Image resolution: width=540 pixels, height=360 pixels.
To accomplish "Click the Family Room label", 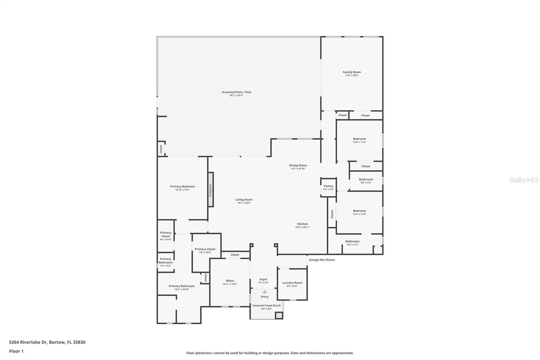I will (x=352, y=72).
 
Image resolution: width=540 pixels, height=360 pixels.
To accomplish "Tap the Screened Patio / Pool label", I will (x=236, y=92).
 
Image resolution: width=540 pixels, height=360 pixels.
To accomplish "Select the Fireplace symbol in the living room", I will (x=211, y=189).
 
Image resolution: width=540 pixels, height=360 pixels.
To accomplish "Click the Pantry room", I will (x=328, y=187).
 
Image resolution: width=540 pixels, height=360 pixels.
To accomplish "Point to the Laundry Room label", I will (x=292, y=283).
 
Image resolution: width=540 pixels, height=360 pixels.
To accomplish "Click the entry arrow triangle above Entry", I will (x=265, y=292).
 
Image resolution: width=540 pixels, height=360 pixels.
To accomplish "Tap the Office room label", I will (x=230, y=281).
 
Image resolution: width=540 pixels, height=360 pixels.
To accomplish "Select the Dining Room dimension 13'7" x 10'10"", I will (x=298, y=169).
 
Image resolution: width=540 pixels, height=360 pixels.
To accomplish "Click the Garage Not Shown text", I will (x=322, y=260).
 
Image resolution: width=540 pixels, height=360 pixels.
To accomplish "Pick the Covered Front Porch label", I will (x=266, y=306).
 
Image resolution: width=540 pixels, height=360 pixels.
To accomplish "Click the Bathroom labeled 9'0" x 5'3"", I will (x=366, y=181).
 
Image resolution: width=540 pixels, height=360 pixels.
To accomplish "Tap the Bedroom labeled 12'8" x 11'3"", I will (x=359, y=140).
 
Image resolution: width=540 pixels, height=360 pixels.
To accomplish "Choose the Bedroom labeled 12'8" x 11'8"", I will (x=359, y=212).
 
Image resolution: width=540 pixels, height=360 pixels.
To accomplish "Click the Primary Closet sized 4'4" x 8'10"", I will (x=166, y=236).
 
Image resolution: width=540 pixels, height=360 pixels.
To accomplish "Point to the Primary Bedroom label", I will (x=182, y=186).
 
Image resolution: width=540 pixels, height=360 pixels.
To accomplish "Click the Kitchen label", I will (x=302, y=224).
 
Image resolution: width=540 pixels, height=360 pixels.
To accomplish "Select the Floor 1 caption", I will (x=16, y=351).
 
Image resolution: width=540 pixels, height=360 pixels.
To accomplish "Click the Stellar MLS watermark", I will (x=524, y=180).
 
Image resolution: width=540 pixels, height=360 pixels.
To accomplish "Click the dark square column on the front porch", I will (x=279, y=315).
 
